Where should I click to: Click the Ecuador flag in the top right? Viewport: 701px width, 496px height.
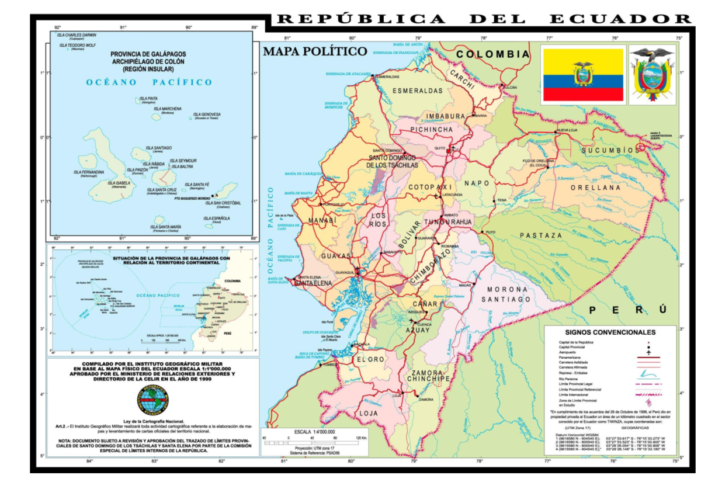tap(582, 75)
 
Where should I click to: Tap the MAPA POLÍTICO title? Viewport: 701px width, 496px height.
tap(315, 51)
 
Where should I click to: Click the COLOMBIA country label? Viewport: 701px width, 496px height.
tap(493, 54)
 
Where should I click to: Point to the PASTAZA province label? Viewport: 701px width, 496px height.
tap(542, 235)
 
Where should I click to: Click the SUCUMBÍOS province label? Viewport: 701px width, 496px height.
tap(610, 151)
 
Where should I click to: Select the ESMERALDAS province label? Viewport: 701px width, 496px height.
tap(417, 91)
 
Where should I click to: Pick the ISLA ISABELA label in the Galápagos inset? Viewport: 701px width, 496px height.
tap(119, 183)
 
